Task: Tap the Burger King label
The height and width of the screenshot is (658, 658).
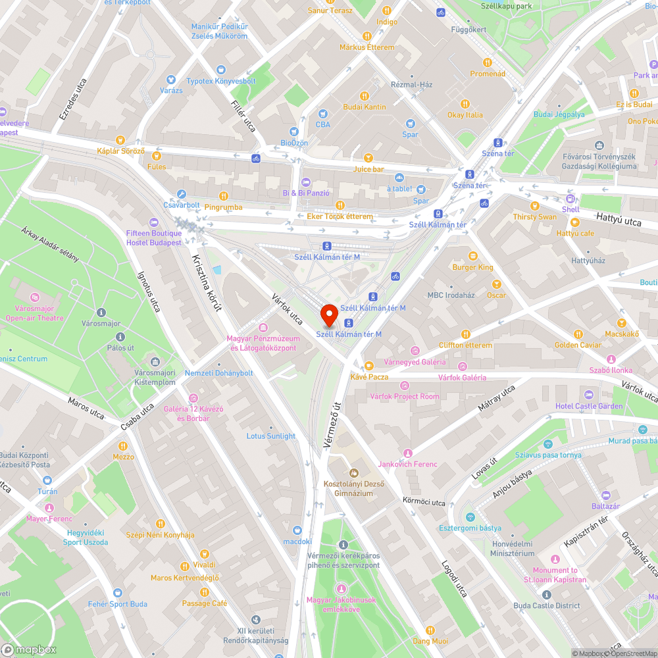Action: (x=472, y=267)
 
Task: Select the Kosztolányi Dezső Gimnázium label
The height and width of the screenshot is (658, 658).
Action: (x=353, y=488)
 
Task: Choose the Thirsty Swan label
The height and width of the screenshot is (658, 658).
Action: (x=534, y=217)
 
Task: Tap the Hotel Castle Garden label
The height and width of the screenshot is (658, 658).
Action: (x=588, y=406)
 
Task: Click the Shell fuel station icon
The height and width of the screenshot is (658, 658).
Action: (x=570, y=199)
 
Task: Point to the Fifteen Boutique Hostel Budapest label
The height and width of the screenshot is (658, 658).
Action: (x=154, y=238)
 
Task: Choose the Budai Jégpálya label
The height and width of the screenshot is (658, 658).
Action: (x=559, y=114)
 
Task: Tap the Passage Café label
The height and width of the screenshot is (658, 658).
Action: (x=205, y=603)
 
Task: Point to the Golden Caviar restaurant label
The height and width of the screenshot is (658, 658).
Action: (x=578, y=345)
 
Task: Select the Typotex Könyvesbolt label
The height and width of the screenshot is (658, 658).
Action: (x=220, y=81)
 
